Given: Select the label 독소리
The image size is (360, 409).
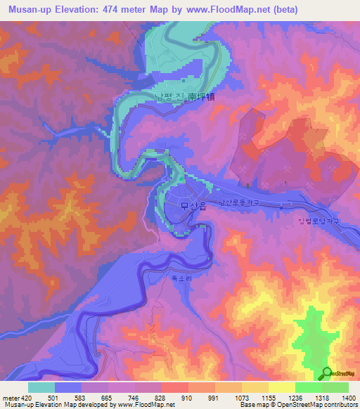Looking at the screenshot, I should tap(181, 278).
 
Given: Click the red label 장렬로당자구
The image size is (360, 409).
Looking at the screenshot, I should tap(319, 221).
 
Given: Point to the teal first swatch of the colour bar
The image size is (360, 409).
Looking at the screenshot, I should tap(41, 387).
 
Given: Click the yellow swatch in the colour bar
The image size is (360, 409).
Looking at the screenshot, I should tap(281, 387).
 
